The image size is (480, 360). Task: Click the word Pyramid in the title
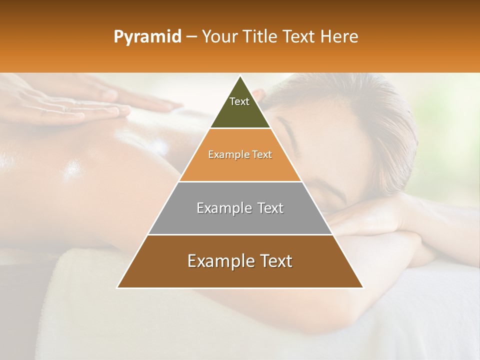coord(147,37)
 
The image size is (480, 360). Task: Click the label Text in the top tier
coord(239,101)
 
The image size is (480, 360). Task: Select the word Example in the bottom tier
coord(217,261)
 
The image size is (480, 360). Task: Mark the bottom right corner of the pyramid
coord(363,287)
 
